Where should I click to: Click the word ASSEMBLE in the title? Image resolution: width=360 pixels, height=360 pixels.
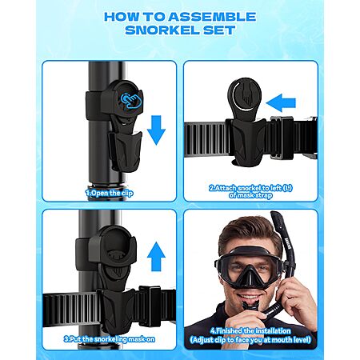pyautogui.click(x=212, y=17)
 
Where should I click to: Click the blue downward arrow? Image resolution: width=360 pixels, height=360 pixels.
pyautogui.click(x=156, y=130)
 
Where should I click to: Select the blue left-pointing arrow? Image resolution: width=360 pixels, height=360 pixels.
pyautogui.click(x=281, y=103)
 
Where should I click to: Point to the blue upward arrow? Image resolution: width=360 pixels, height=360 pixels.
pyautogui.click(x=156, y=256)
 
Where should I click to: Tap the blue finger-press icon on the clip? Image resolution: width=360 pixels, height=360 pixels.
pyautogui.click(x=132, y=101)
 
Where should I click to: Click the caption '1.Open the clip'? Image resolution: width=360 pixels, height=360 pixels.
pyautogui.click(x=109, y=193)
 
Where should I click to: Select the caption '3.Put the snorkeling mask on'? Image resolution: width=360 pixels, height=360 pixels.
pyautogui.click(x=110, y=339)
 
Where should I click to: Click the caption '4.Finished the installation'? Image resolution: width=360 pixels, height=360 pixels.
pyautogui.click(x=250, y=331)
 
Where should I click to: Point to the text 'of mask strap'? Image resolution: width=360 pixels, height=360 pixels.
pyautogui.click(x=250, y=195)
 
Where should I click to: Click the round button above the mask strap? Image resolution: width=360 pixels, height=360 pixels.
pyautogui.click(x=245, y=97)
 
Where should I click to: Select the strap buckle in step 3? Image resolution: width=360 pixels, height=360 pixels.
pyautogui.click(x=150, y=306)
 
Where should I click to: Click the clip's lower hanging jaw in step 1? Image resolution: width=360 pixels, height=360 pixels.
pyautogui.click(x=125, y=151)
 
